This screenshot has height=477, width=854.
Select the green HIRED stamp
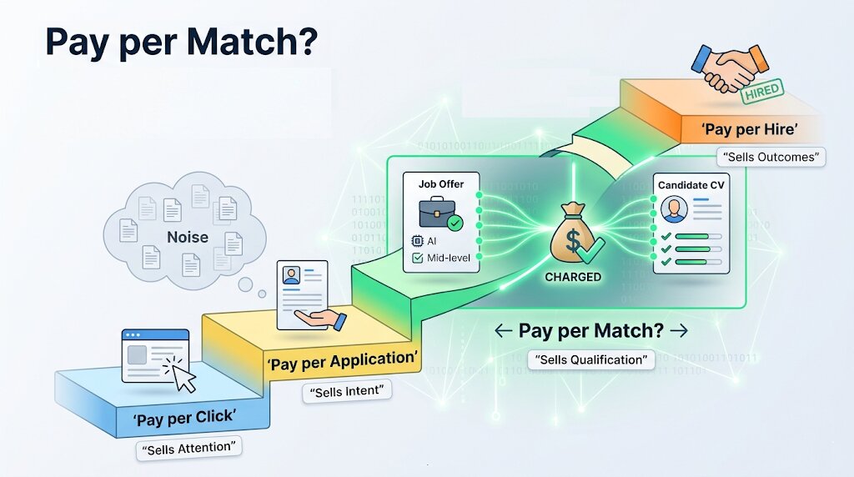760,91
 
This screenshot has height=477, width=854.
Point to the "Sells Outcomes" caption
771,157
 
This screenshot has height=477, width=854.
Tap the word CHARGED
573,277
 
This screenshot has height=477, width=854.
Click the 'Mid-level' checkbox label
449,258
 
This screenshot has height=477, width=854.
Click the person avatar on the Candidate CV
672,209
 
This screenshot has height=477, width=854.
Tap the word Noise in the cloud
188,237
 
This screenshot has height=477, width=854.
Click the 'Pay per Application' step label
341,361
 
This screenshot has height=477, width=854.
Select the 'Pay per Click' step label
183,417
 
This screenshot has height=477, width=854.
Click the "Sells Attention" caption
189,449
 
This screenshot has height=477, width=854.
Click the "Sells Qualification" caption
591,359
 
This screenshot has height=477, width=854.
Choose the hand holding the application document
324,319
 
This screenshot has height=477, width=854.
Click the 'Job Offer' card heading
441,183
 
